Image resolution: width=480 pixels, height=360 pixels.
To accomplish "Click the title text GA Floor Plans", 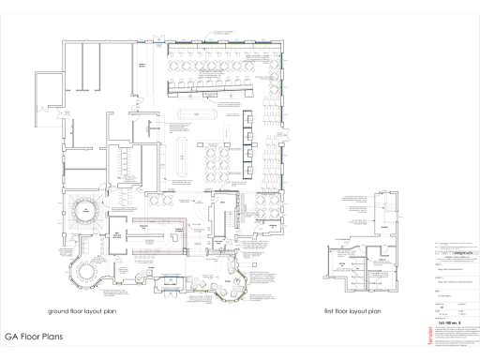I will coord(33,334).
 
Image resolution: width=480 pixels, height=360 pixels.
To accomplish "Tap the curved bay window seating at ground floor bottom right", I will coord(232,282).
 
